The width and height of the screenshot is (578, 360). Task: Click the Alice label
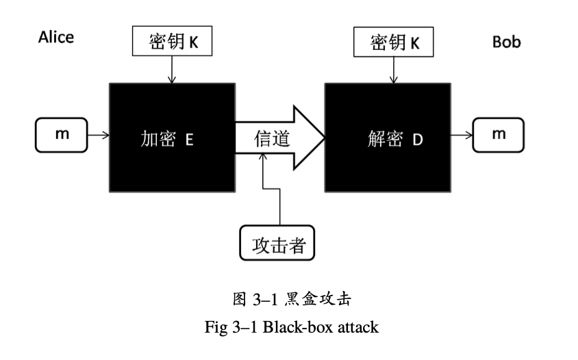[55, 38]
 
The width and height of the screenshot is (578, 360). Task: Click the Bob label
[506, 42]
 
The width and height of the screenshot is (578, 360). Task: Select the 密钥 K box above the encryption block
[173, 43]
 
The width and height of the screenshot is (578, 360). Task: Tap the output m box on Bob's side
[499, 134]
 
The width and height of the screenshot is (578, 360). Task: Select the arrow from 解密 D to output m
[462, 135]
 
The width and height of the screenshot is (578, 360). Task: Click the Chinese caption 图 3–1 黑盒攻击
[292, 298]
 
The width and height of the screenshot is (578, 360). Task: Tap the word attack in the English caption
[358, 327]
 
